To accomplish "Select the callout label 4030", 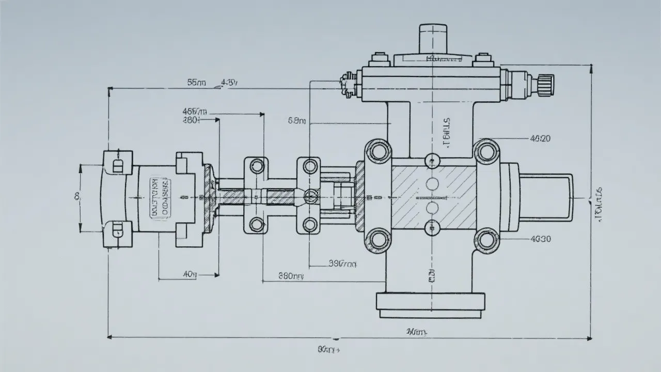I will click(541, 239).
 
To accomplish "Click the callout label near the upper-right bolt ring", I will click(541, 138).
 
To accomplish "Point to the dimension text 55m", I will click(196, 82).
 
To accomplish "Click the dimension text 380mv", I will click(291, 276).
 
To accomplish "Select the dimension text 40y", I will click(190, 274).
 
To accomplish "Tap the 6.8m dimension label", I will click(296, 121).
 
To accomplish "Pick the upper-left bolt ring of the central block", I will click(379, 152).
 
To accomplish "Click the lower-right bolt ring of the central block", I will click(486, 240).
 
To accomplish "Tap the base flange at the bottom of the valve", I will click(430, 304).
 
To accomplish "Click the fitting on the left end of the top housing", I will click(348, 84).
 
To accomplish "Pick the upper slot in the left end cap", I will click(117, 165).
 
